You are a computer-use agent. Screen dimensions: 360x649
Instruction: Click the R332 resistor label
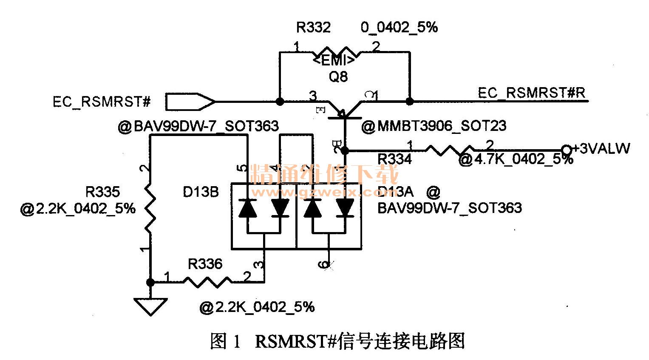coord(313,28)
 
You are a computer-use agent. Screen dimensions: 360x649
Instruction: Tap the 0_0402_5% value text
coord(399,28)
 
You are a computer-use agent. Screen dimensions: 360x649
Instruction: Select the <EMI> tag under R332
coord(334,61)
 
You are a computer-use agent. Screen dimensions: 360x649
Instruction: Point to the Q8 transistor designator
coord(338,77)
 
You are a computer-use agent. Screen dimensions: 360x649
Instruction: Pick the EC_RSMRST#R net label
coord(532,93)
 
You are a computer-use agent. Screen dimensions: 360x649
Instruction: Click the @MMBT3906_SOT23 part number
coord(434,126)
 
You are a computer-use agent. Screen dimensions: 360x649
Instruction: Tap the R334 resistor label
coord(394,159)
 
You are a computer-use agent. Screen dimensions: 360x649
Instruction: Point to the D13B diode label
coord(201,192)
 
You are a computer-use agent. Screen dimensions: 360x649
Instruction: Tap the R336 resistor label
coord(205,264)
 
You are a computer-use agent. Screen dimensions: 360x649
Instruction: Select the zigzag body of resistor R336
coord(207,281)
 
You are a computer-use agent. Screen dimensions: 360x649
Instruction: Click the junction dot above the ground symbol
coord(150,282)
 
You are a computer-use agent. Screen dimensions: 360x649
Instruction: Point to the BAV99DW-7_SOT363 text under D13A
coord(450,208)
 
